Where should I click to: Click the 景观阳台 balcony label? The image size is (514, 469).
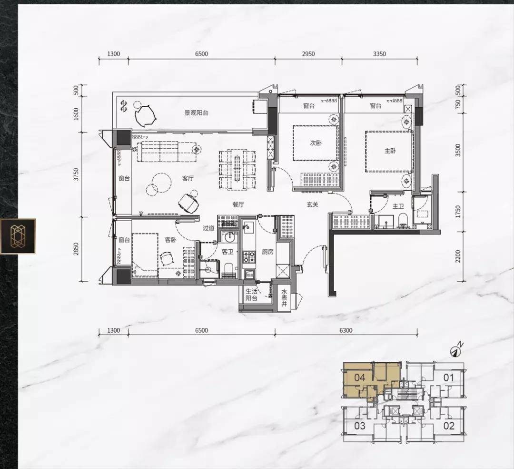click(x=197, y=113)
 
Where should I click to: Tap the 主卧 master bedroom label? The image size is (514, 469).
click(x=390, y=151)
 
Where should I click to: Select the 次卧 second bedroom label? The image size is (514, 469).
click(x=316, y=143)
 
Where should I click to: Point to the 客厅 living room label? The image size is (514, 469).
click(x=188, y=178)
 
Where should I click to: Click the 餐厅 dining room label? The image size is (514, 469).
click(x=238, y=204)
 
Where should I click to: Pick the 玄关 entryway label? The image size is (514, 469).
click(x=312, y=204)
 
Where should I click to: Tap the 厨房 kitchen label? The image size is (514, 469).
click(x=267, y=252)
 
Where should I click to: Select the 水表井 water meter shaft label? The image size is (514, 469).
click(x=284, y=298)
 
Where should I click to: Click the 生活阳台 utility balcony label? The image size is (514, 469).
click(x=252, y=295)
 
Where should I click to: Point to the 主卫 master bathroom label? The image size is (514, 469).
click(x=398, y=206)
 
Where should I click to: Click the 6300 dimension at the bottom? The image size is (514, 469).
click(x=346, y=330)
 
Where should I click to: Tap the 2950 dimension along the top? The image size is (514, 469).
click(x=308, y=54)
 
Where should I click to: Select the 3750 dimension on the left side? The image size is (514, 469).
click(x=76, y=174)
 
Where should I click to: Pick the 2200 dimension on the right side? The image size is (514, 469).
click(x=458, y=256)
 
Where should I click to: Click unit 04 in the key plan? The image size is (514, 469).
click(x=360, y=378)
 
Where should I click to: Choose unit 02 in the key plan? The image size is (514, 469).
click(x=449, y=426)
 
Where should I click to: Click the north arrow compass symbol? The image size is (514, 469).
click(x=456, y=350)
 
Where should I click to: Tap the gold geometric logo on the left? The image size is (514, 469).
click(x=18, y=236)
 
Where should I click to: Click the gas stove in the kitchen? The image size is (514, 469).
click(x=249, y=256)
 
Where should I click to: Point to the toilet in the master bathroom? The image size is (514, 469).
click(x=403, y=221)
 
